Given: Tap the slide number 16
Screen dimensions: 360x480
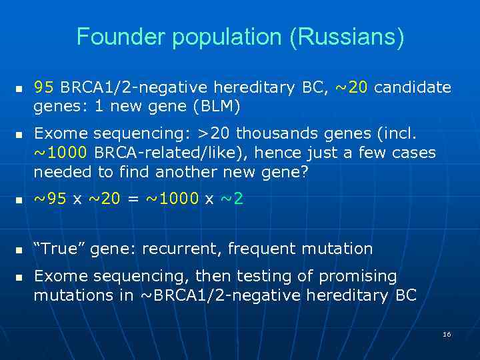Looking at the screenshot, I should tap(447, 333).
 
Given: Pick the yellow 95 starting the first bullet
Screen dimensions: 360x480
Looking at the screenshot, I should tap(44, 87).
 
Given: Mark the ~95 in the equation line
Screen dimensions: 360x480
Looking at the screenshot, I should tap(49, 199).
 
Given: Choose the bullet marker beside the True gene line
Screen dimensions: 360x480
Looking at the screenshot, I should tap(19, 250).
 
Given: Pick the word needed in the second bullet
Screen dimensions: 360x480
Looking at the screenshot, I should tap(59, 172).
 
